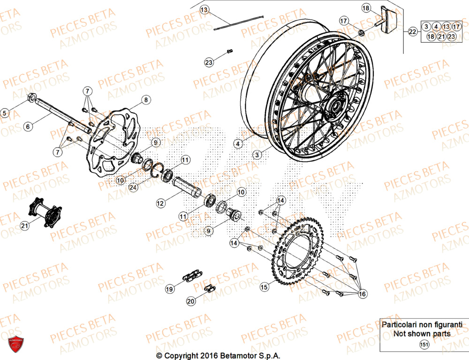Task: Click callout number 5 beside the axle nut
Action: coord(5,113)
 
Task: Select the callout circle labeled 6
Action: coord(28,126)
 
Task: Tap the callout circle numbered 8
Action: coord(146,100)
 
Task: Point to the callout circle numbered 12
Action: coord(160,203)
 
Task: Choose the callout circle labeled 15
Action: coord(265,285)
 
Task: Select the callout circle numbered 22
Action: coord(412,32)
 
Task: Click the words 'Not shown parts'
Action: coord(422,334)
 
